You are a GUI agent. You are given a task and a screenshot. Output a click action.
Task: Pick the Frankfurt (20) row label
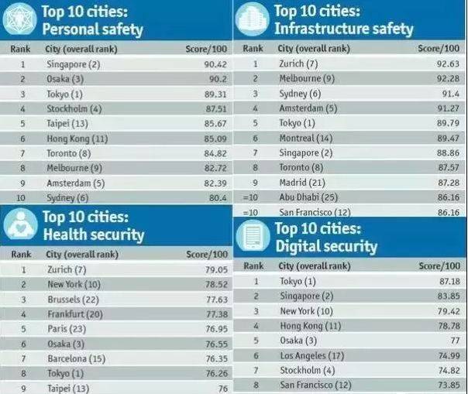point(74,313)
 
